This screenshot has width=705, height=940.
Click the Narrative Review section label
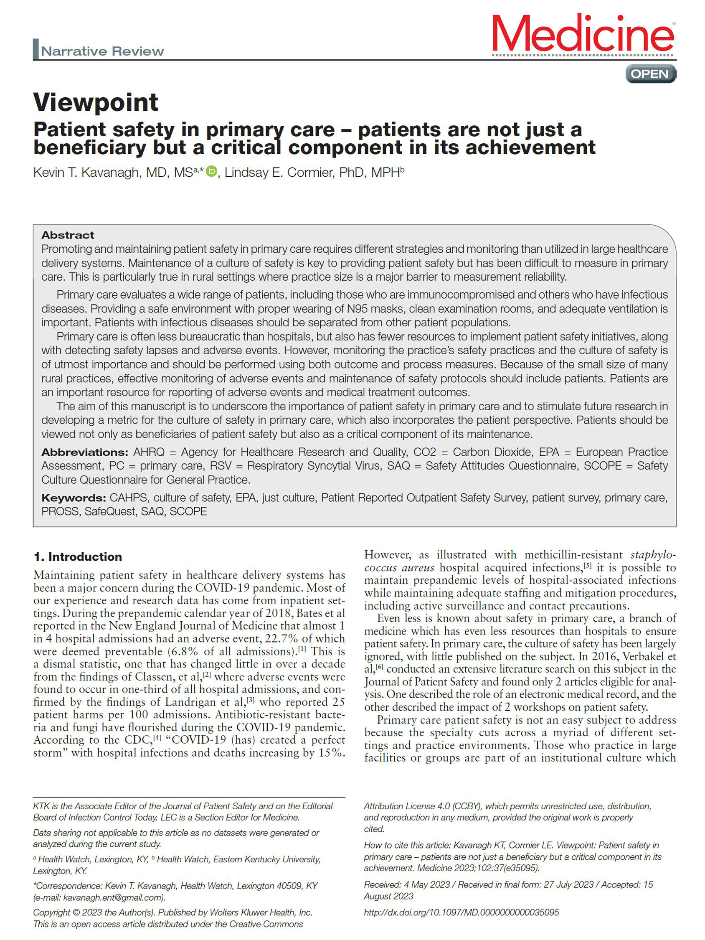[102, 51]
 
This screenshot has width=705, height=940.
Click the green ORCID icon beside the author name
[211, 171]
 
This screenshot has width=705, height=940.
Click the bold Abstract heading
[68, 235]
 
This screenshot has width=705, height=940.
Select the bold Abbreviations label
[84, 452]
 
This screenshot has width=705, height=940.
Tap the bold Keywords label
[74, 498]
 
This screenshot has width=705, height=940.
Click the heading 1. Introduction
[78, 557]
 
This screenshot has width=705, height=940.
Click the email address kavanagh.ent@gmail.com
[114, 897]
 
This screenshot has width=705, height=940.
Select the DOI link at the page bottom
[461, 912]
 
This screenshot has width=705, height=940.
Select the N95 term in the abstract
[358, 308]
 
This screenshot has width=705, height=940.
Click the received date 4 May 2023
[427, 884]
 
